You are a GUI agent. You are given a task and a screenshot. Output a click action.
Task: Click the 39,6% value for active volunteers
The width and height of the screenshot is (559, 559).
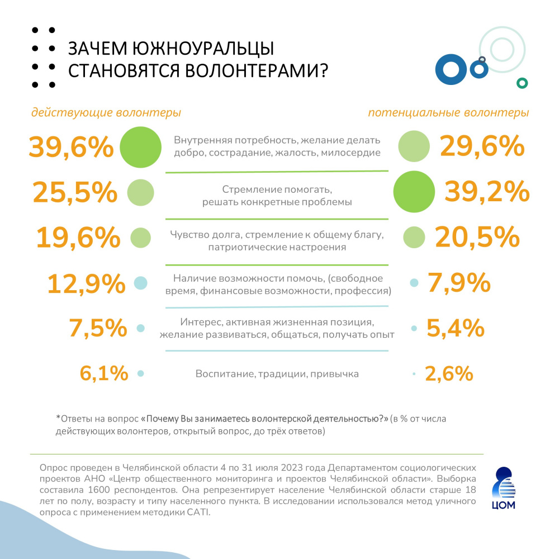pos(71,148)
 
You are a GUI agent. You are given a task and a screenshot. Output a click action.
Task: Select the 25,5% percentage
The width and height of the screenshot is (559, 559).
pos(75,192)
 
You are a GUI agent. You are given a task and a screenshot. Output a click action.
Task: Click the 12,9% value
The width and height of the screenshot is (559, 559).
pos(86,283)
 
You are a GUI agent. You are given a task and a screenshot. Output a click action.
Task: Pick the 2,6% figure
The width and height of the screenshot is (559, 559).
pos(449,373)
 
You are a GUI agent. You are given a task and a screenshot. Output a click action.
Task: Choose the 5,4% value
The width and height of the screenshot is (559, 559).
pos(455,328)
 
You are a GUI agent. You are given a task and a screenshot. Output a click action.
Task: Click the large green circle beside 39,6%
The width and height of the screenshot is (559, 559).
pos(141,147)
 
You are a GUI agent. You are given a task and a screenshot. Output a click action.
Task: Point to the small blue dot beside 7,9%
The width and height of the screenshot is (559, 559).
pos(414,283)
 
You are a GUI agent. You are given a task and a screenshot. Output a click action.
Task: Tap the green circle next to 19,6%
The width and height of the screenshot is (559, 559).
pos(141,238)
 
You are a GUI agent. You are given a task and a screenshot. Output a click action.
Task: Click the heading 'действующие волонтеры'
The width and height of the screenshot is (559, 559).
pos(106,112)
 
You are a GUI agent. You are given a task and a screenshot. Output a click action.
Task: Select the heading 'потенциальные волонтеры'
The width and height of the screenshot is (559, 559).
pos(448,112)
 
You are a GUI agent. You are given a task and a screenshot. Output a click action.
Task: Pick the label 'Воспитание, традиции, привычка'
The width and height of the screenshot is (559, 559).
pos(277,373)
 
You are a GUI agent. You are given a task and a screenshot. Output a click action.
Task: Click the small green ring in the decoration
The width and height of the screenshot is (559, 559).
pos(522,83)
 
